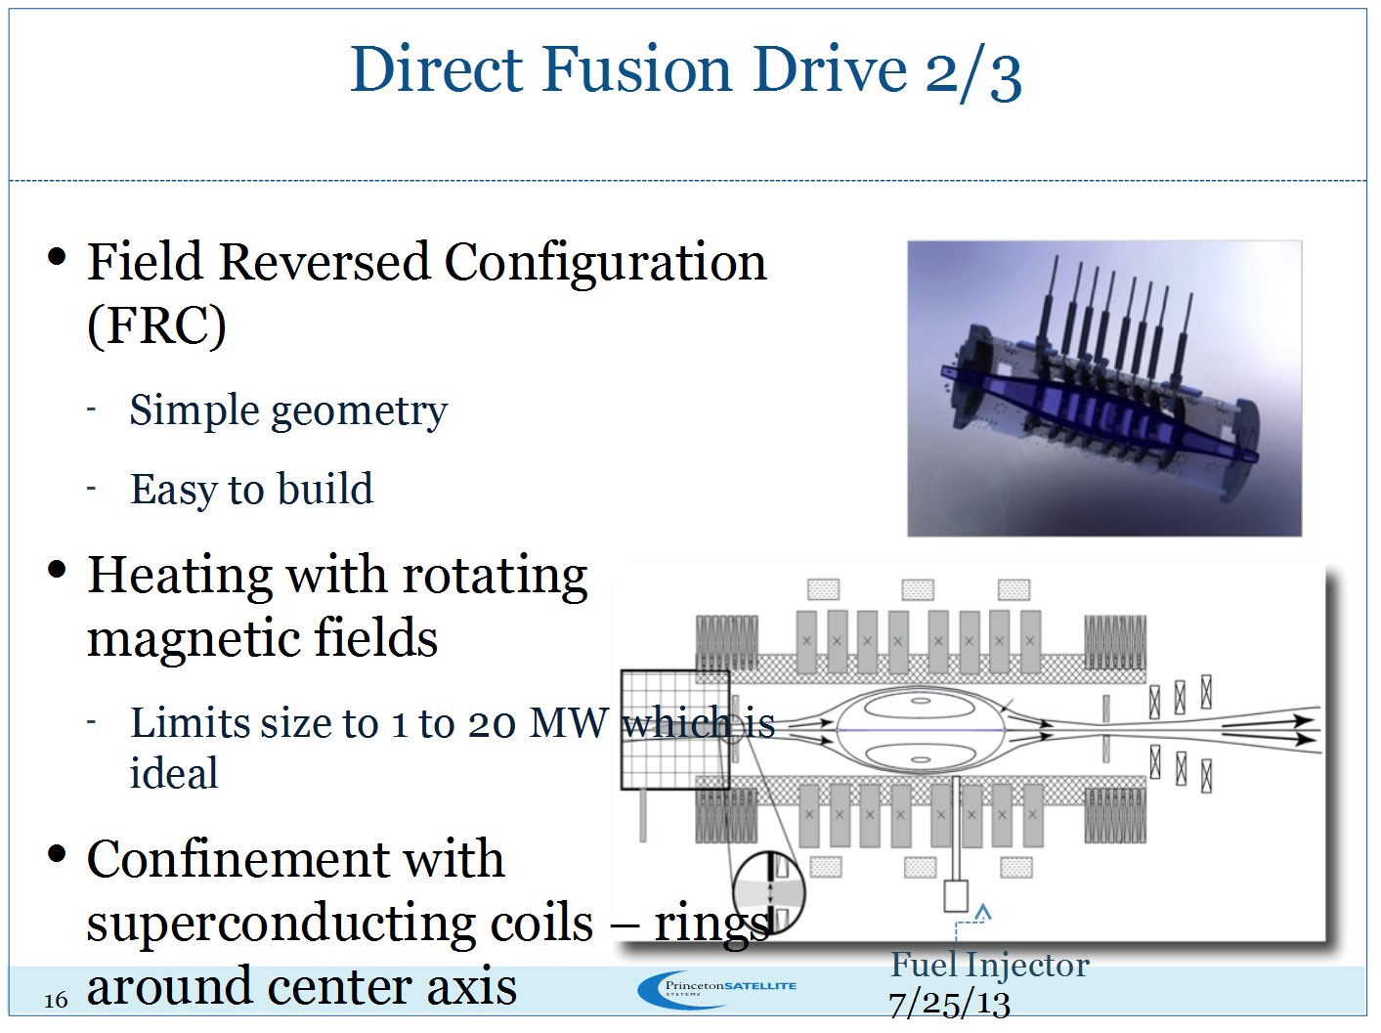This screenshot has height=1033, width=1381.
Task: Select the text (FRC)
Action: coord(156,326)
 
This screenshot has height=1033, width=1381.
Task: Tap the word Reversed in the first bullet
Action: coord(324,262)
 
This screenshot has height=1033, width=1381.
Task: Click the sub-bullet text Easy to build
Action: coord(251,490)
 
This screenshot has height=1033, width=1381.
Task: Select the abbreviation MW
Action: coord(568,724)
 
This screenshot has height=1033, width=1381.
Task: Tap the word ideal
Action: coord(174,774)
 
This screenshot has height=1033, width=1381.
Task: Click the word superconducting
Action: coord(339,924)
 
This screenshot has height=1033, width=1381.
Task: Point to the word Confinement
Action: coord(295,860)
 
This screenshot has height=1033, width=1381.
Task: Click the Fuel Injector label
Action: coord(989,966)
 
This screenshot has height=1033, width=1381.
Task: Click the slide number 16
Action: coord(56,1000)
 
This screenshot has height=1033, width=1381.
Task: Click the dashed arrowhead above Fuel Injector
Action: coord(983,912)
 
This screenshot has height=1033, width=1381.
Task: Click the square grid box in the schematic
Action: coord(675,729)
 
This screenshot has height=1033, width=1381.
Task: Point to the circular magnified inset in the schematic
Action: coord(768,891)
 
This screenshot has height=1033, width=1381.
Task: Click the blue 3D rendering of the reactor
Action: coord(1104,388)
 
